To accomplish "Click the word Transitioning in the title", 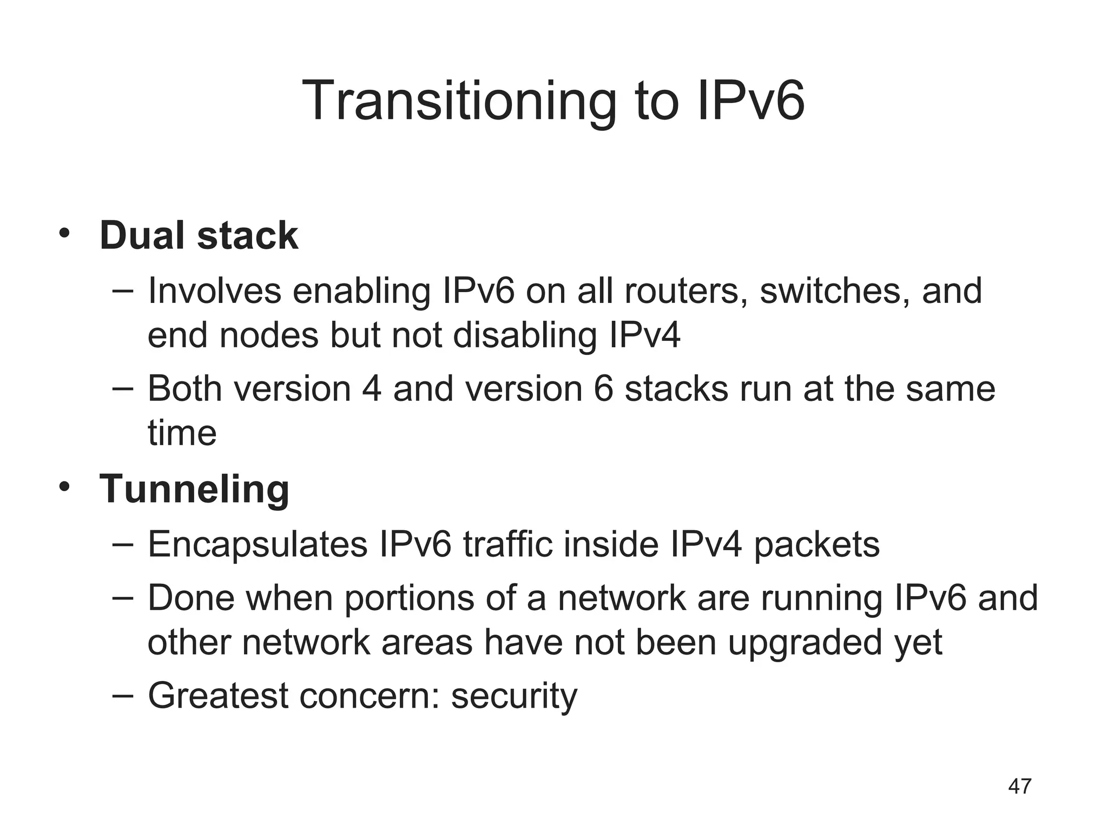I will (459, 101).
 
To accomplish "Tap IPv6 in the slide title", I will (750, 101).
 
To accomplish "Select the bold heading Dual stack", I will (199, 236).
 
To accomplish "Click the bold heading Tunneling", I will (194, 489).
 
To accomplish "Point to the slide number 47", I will (1020, 786).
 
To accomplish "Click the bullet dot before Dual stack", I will (64, 234).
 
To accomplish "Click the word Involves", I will (214, 291).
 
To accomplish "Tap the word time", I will (182, 433).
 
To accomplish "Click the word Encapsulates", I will (258, 544).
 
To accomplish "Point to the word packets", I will (816, 545).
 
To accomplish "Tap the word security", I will (514, 697).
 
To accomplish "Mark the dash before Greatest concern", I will (123, 696).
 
